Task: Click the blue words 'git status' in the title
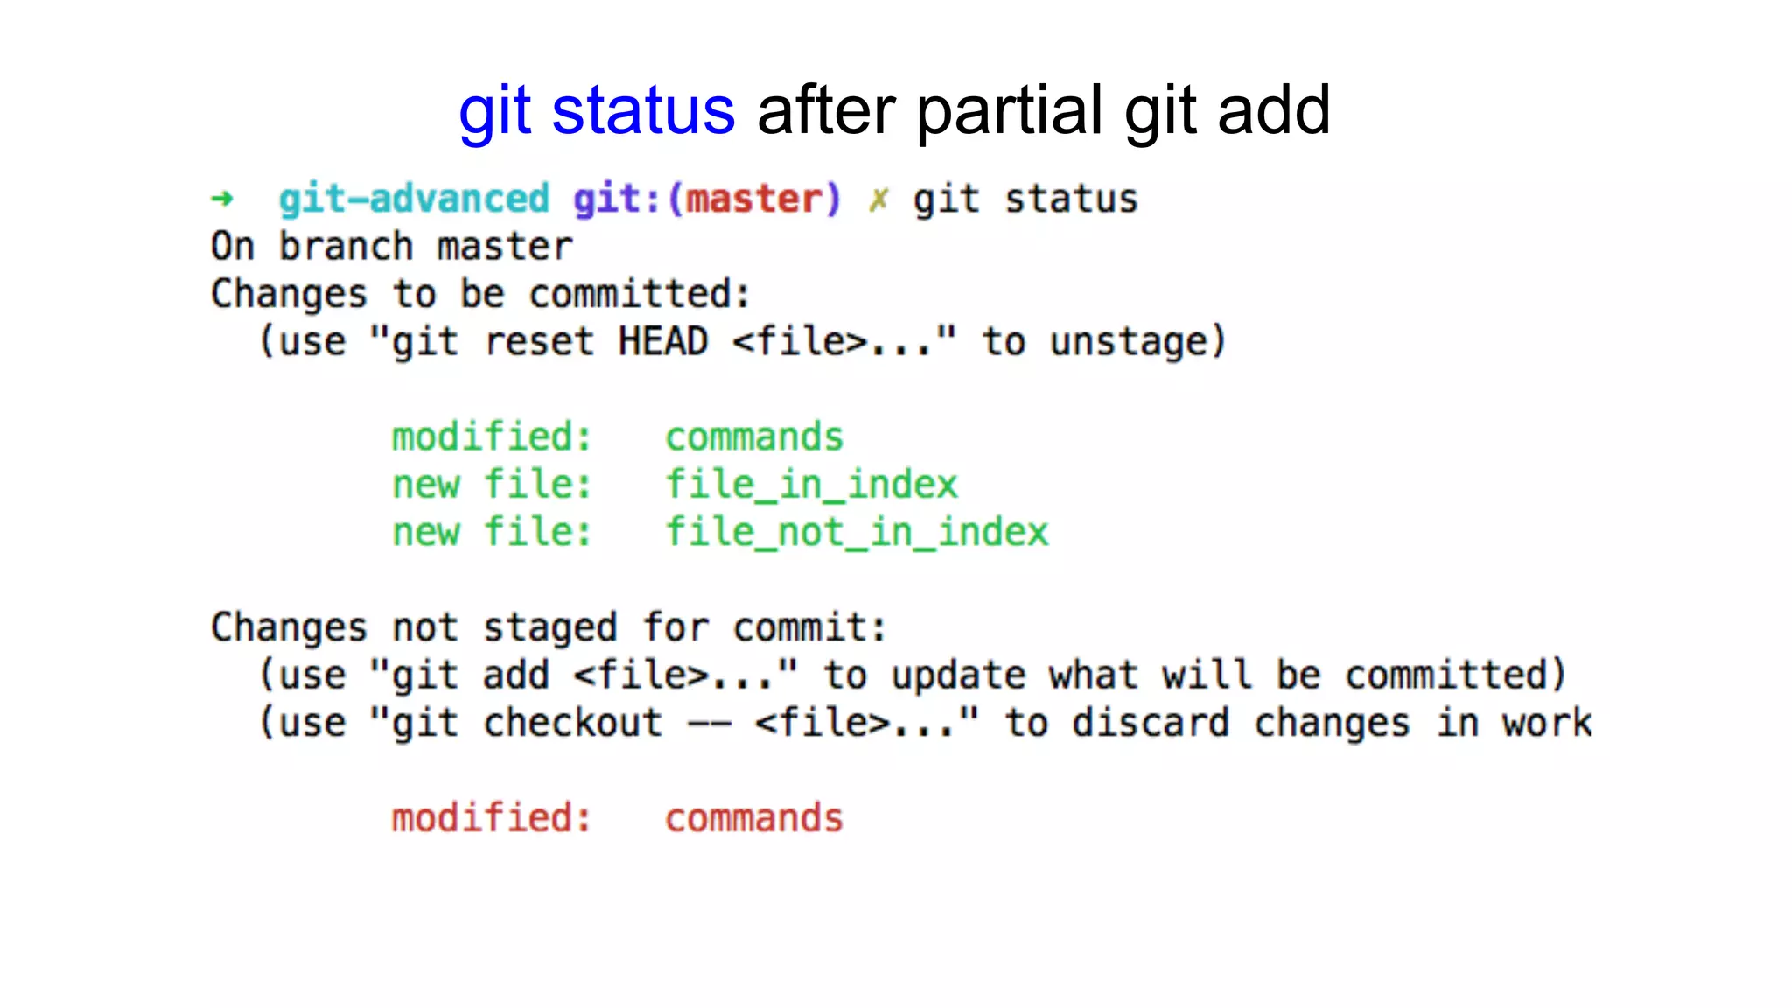click(597, 111)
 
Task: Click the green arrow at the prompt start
click(222, 199)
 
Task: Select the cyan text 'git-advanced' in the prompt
click(414, 199)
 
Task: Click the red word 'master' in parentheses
click(754, 199)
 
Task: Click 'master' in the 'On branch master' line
click(505, 247)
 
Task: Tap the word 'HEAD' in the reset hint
click(662, 341)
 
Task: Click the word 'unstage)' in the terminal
click(1138, 341)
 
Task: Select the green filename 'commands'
click(754, 437)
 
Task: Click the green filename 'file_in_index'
click(811, 485)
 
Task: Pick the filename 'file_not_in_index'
click(857, 532)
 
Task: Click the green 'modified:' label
click(492, 437)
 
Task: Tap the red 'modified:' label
click(492, 818)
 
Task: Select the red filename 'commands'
click(754, 818)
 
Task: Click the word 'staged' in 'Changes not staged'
click(550, 628)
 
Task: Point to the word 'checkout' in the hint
click(573, 724)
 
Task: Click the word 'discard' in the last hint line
click(1151, 724)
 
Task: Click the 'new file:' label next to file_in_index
click(492, 485)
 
